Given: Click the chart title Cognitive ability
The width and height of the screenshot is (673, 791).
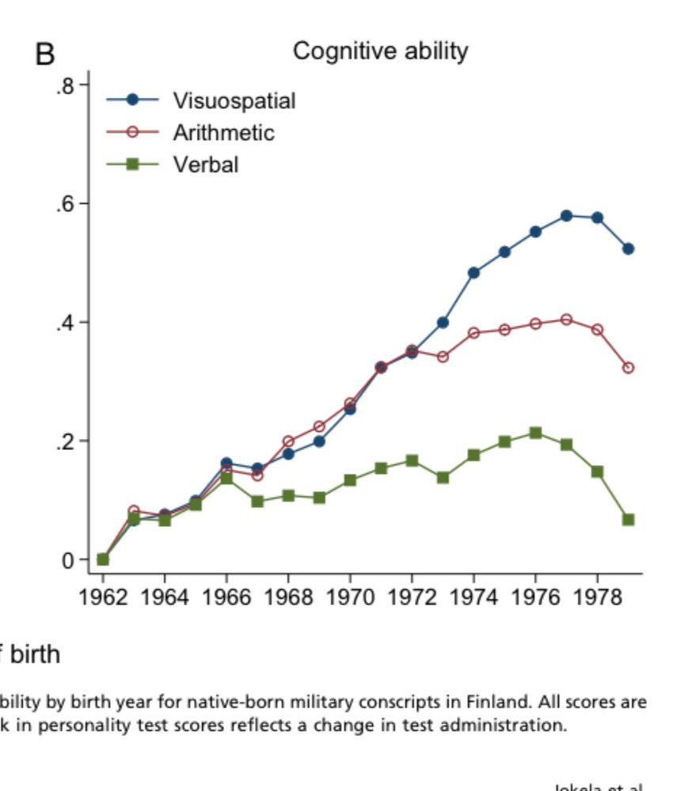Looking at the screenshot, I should pos(380,51).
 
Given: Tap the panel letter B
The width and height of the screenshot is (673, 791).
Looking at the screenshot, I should pos(45,55).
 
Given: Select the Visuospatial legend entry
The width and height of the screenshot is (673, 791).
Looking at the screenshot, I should pos(234,100).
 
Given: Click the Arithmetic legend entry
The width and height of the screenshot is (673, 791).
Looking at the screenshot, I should pos(223,132).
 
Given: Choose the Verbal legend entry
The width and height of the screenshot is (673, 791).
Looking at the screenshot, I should pos(206,165).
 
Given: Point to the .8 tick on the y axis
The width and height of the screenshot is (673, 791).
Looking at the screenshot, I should pos(65,85).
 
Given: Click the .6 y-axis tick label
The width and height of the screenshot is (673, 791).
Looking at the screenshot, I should pos(65,204).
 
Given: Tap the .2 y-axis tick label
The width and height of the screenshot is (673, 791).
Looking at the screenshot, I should pos(65,441).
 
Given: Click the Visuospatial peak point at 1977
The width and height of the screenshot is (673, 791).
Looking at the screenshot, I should pos(566,216).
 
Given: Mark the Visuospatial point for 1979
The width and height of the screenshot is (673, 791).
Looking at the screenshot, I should pos(628,248).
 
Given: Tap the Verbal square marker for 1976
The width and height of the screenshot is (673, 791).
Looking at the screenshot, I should pos(535,433).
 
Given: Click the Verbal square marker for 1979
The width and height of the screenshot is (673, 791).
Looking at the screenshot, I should pos(628,520).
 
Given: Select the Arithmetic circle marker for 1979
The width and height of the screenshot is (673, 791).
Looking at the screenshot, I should pos(628,368).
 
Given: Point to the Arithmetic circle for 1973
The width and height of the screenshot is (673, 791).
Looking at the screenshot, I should pos(443,357).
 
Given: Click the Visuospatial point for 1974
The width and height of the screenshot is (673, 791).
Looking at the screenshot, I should pos(473,273).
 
